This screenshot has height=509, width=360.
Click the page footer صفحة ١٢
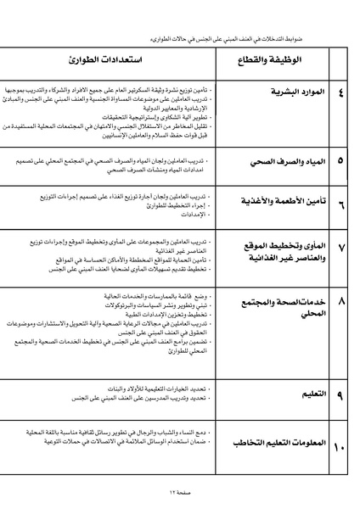tap(180, 494)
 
